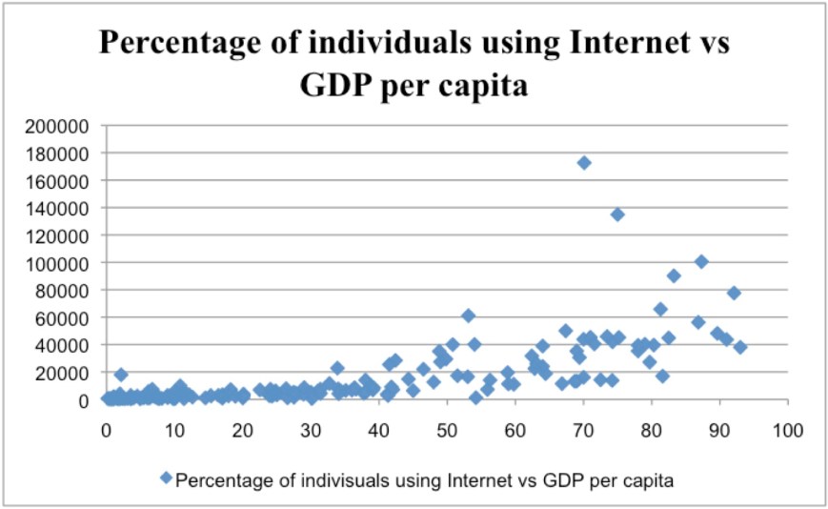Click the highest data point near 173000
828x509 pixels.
(x=584, y=163)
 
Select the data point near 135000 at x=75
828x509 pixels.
(x=617, y=214)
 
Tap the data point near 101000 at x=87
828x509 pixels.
(x=701, y=261)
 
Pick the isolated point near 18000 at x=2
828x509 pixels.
(x=121, y=375)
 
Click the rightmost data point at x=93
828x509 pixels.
(x=740, y=347)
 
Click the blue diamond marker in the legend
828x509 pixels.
(x=167, y=479)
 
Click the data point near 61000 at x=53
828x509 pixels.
(x=468, y=316)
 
